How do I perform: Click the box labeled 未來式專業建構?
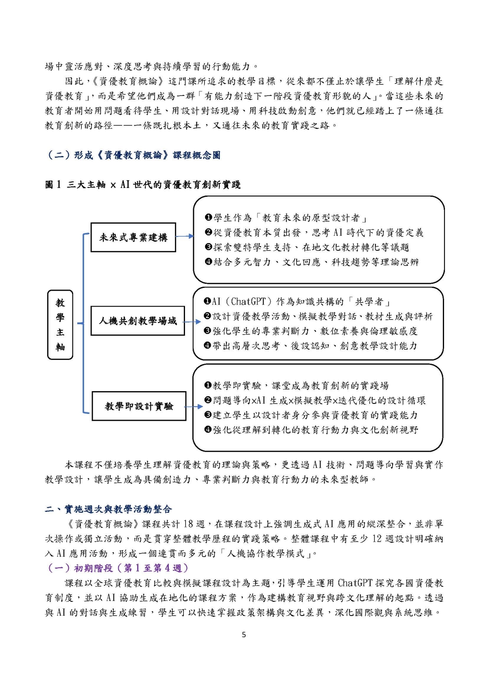[x=133, y=237]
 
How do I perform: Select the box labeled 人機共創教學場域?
[x=137, y=321]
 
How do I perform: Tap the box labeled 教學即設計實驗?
[x=139, y=406]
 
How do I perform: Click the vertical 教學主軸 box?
[x=60, y=324]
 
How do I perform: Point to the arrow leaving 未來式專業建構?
[x=185, y=236]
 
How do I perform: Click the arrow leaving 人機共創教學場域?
[x=192, y=322]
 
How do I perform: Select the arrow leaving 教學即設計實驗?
[x=194, y=406]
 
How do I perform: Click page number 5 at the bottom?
[x=244, y=635]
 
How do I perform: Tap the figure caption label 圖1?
[x=53, y=185]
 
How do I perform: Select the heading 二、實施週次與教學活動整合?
[x=108, y=509]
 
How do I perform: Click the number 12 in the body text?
[x=377, y=539]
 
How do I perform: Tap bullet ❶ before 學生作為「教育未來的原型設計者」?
[x=208, y=218]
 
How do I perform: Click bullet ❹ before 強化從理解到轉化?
[x=208, y=430]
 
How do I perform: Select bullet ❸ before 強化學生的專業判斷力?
[x=208, y=331]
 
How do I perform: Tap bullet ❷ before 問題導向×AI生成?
[x=208, y=401]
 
